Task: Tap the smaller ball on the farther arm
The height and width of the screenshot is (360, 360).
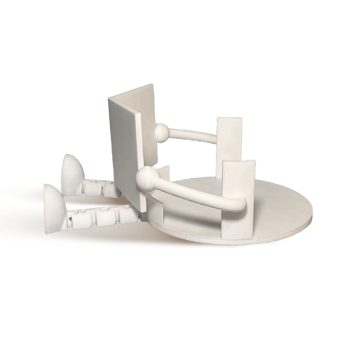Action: [162, 132]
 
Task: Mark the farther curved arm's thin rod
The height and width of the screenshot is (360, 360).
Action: [193, 135]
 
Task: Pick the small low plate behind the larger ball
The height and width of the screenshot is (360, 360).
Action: [164, 173]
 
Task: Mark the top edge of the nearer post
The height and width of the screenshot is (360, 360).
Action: [238, 161]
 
